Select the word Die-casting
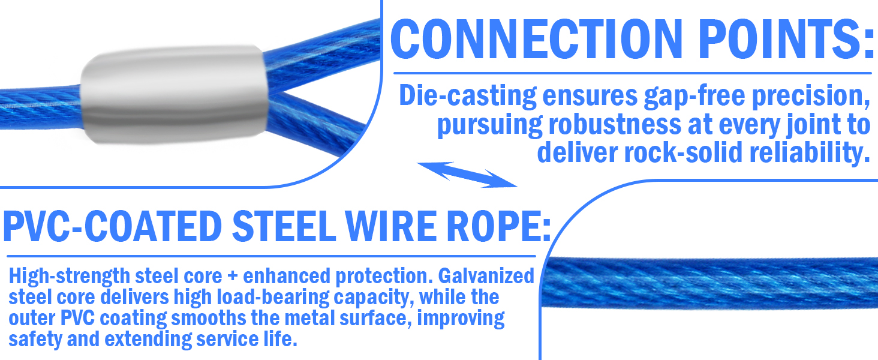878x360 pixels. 468,96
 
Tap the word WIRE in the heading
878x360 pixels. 393,227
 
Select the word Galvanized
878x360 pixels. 486,277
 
